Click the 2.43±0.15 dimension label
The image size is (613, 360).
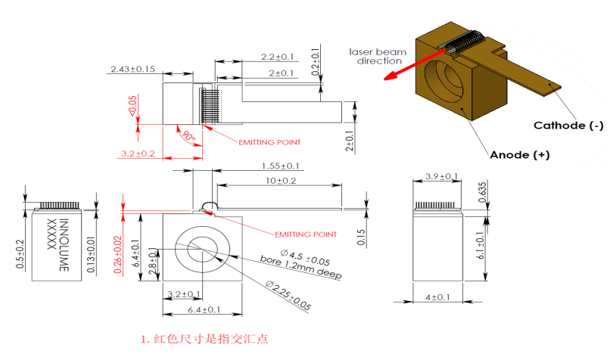(132, 69)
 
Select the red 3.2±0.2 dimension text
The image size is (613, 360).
(138, 154)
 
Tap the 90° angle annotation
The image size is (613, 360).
(189, 137)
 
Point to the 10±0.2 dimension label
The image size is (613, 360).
(281, 181)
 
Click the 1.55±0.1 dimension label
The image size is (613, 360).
(280, 166)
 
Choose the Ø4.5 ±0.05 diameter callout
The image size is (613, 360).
(305, 257)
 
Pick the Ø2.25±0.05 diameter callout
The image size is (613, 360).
(288, 296)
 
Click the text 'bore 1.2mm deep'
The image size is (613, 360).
(300, 268)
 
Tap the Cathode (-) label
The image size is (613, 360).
(568, 126)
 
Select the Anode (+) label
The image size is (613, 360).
(520, 155)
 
